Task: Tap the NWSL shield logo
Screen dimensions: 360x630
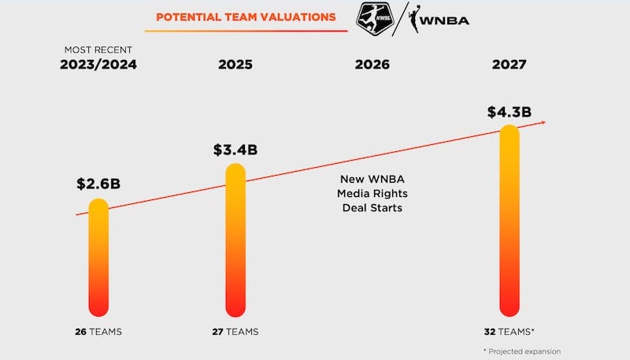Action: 374,17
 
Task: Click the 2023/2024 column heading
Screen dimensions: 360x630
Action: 98,65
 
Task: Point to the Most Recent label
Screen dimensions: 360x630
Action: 98,50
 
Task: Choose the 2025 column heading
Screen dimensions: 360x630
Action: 235,65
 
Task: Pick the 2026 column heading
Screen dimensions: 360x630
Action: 372,65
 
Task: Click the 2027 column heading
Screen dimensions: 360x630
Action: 510,65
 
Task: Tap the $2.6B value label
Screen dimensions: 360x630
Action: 98,184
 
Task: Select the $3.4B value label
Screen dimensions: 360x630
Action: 235,150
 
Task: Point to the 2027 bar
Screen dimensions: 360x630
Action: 510,221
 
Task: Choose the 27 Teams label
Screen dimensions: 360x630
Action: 235,332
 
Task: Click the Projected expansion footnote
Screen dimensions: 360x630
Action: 522,351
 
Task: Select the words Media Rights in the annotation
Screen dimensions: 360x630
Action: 372,194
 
